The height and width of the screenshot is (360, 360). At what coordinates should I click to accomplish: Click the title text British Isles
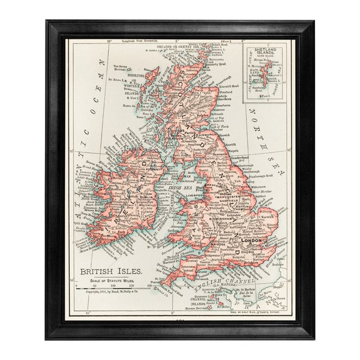[x=112, y=271]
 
